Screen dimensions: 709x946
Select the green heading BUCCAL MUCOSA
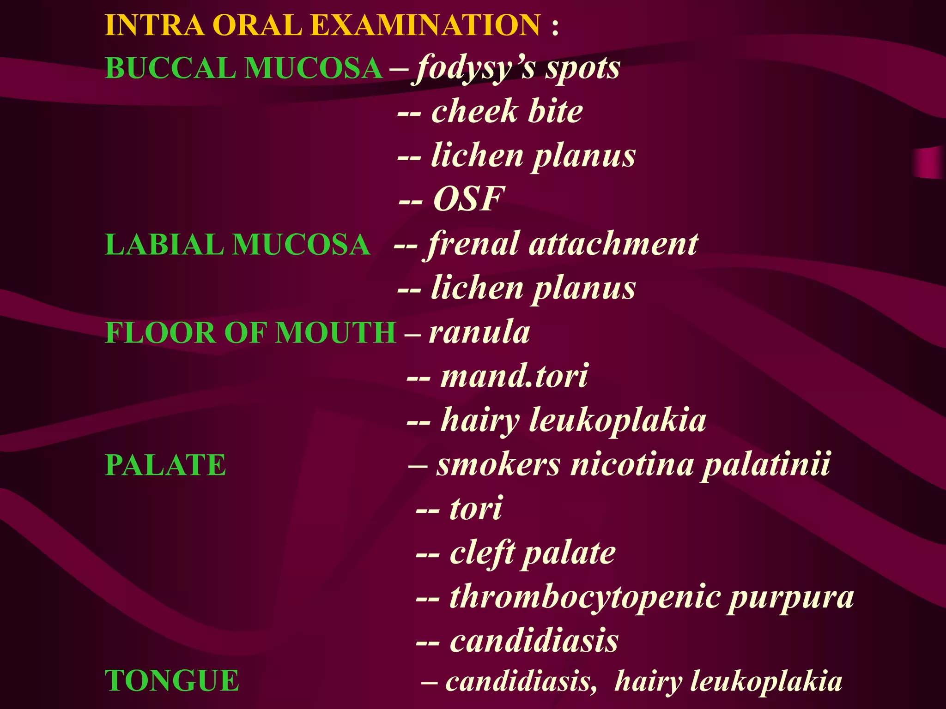244,68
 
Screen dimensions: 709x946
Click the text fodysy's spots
517,68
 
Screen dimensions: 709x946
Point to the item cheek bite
507,112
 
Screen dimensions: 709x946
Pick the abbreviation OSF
468,199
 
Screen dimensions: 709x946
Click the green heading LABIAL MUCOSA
237,244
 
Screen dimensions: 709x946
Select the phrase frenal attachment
563,244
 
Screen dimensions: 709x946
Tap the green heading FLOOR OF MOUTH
250,332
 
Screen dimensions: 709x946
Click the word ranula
479,332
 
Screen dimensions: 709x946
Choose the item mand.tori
514,376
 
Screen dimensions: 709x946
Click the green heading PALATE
165,465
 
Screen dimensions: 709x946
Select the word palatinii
766,465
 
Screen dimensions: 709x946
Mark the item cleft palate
532,553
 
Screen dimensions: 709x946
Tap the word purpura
791,597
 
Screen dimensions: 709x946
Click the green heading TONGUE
172,681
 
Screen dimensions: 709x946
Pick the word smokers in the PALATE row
498,465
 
